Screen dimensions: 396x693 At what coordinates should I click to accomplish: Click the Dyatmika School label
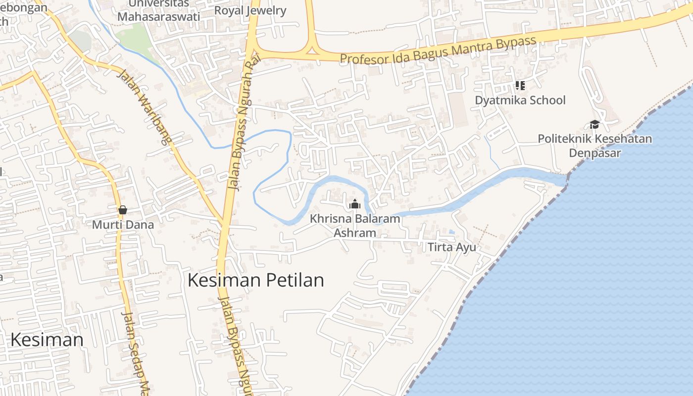pos(520,100)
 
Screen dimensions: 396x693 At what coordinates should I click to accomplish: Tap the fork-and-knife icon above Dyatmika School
pos(520,86)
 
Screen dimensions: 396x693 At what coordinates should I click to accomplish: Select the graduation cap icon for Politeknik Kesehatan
pos(594,124)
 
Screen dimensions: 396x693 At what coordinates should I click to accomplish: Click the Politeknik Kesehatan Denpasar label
pos(594,146)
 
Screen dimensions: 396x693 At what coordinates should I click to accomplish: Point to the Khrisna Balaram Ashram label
pos(355,225)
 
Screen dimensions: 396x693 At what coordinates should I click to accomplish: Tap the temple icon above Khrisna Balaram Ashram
pos(354,204)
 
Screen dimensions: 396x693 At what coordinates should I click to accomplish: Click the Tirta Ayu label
pos(451,247)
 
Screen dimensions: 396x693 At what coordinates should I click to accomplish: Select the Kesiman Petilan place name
pos(255,280)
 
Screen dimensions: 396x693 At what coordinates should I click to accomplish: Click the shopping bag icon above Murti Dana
pos(123,210)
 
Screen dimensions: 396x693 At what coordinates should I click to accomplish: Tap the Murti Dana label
pos(123,225)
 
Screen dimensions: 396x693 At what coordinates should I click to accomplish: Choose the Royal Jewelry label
pos(250,10)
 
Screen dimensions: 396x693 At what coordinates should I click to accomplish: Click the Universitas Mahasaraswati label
pos(158,10)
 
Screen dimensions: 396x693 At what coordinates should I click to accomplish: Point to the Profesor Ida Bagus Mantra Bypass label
pos(438,50)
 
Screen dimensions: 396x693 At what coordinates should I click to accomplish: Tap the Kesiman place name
pos(47,340)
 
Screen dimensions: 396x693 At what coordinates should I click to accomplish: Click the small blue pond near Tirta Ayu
pos(451,232)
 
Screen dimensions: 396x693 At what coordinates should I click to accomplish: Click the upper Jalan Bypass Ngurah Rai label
pos(242,129)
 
